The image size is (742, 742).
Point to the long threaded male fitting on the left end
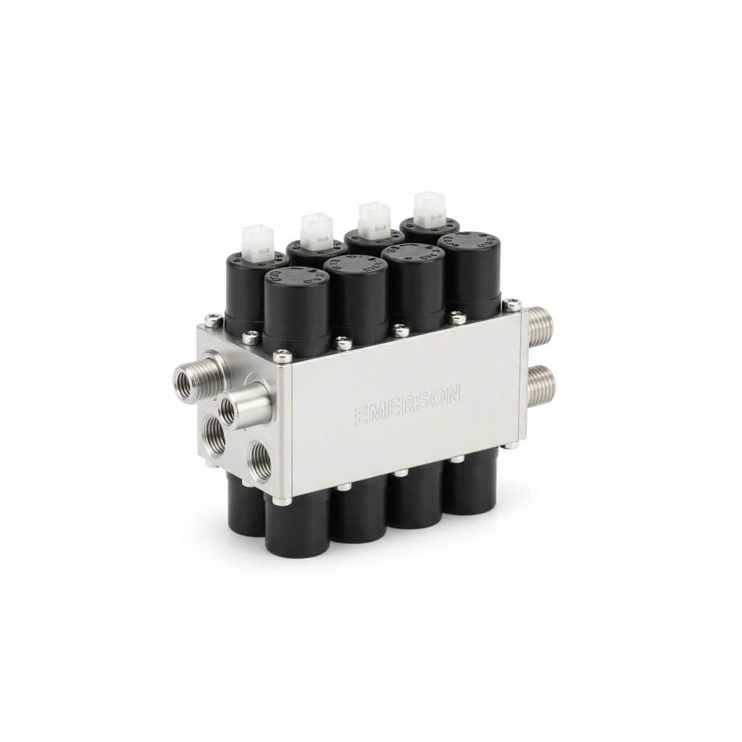tap(191, 373)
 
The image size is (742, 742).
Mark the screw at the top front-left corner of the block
tap(280, 354)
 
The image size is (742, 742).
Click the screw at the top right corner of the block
tap(512, 304)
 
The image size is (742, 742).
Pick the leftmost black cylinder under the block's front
tap(297, 525)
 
